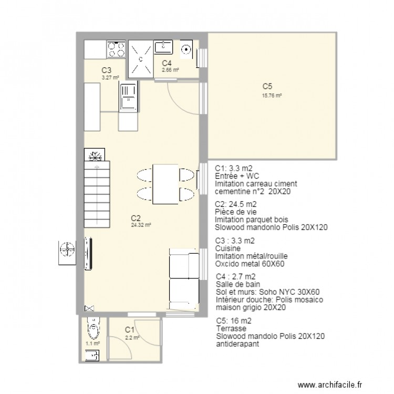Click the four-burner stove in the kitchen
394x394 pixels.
117,50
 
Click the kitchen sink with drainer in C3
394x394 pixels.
128,98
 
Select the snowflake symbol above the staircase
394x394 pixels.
95,155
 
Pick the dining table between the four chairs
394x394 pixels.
165,183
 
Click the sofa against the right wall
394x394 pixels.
183,281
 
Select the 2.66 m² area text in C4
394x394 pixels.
170,69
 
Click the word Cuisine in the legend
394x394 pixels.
229,248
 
